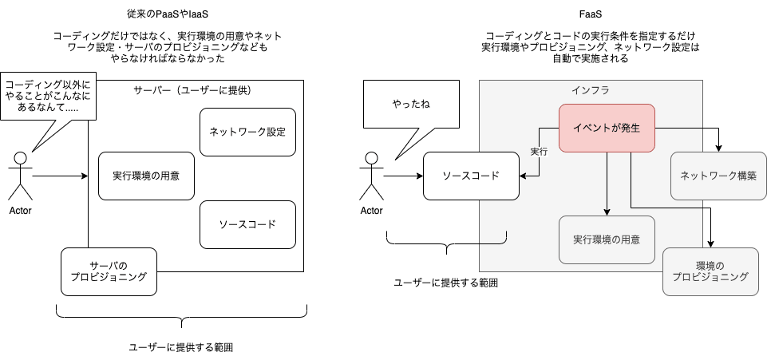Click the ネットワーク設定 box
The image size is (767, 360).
click(247, 132)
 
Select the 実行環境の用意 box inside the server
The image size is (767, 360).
click(146, 176)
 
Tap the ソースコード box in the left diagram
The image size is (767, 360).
click(247, 224)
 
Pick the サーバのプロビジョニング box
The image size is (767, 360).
click(109, 271)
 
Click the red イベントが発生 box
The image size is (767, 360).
click(607, 128)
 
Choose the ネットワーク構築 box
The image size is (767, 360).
click(718, 176)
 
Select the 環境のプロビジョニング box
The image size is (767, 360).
click(710, 271)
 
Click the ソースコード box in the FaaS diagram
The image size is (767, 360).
click(472, 176)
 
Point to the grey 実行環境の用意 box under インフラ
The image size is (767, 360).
click(607, 239)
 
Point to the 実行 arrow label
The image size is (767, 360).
click(540, 152)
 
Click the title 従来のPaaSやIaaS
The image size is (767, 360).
click(169, 14)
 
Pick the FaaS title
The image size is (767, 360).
click(591, 14)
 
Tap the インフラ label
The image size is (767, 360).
click(591, 90)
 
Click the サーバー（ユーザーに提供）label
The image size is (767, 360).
click(195, 90)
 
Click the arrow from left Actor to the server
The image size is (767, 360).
click(60, 176)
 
